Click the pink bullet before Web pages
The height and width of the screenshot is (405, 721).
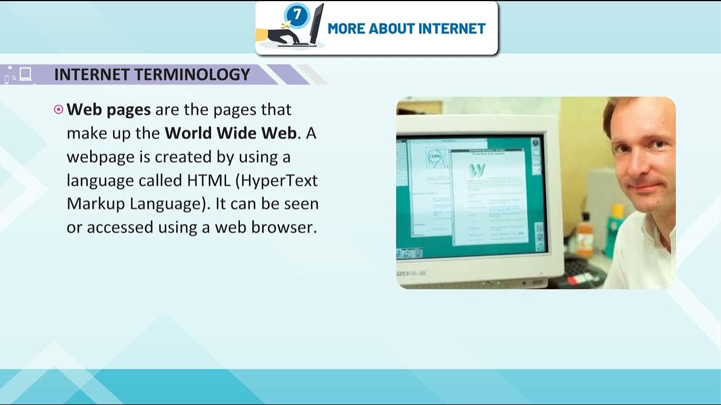59,110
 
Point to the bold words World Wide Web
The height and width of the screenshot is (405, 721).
230,133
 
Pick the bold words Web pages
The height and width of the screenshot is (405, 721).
109,110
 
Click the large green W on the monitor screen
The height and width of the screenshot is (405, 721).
477,170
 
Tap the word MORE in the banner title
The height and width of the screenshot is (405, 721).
346,29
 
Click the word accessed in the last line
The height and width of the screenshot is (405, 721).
114,227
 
